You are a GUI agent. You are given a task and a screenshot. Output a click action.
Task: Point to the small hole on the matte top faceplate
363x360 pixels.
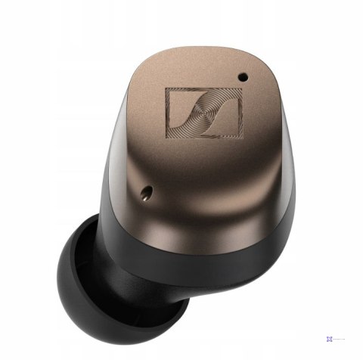pos(243,76)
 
